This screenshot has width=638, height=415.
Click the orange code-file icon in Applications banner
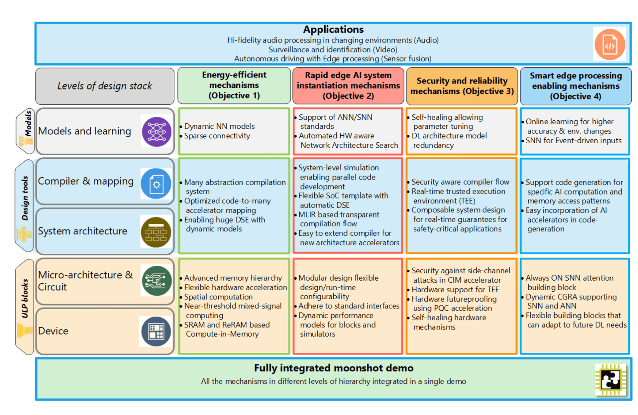(609, 45)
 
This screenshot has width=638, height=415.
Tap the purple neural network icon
(157, 132)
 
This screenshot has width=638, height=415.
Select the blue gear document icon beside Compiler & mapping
(156, 184)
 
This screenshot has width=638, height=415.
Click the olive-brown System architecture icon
(156, 232)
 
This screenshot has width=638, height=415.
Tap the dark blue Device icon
(156, 331)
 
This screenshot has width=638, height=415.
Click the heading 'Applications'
(333, 30)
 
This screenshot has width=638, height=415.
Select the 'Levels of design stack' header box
(105, 86)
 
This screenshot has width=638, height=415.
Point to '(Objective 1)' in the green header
(234, 96)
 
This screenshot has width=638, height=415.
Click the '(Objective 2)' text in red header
(348, 96)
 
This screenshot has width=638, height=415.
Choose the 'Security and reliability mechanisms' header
(462, 86)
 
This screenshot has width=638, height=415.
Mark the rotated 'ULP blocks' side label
(25, 299)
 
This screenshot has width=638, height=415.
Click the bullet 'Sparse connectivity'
(217, 136)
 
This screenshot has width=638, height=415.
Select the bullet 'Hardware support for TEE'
(455, 290)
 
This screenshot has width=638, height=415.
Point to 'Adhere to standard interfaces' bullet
(349, 306)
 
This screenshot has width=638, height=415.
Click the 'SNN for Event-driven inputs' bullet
(573, 141)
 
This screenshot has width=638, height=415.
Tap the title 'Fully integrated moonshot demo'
(333, 368)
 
